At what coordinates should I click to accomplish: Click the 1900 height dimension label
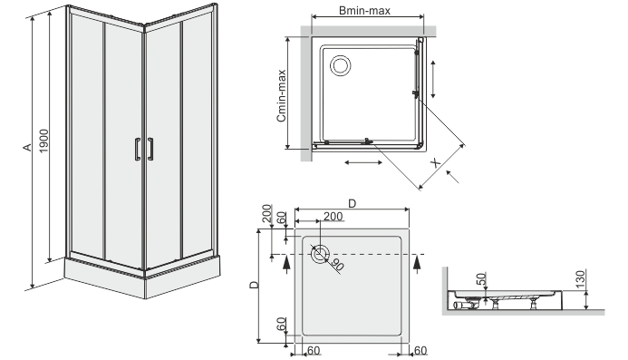click(43, 141)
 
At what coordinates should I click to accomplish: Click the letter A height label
click(27, 148)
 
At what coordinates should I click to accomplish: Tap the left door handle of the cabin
click(138, 149)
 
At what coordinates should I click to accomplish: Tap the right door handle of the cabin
click(150, 149)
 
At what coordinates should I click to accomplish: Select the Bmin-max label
click(364, 10)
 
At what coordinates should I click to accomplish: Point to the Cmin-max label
click(281, 95)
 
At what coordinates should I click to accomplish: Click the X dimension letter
click(435, 162)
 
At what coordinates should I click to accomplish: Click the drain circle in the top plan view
click(341, 65)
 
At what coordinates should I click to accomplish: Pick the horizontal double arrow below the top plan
click(363, 162)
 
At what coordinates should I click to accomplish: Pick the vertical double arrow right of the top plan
click(432, 79)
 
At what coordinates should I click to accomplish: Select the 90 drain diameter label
click(337, 265)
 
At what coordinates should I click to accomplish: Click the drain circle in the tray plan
click(320, 254)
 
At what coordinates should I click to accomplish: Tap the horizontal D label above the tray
click(352, 204)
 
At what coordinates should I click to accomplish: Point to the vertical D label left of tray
click(254, 285)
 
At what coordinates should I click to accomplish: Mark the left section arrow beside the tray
click(286, 265)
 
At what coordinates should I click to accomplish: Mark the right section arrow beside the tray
click(417, 265)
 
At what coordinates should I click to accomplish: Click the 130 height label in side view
click(580, 277)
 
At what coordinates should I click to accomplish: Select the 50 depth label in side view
click(482, 278)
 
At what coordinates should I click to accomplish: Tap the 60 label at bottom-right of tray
click(420, 350)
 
